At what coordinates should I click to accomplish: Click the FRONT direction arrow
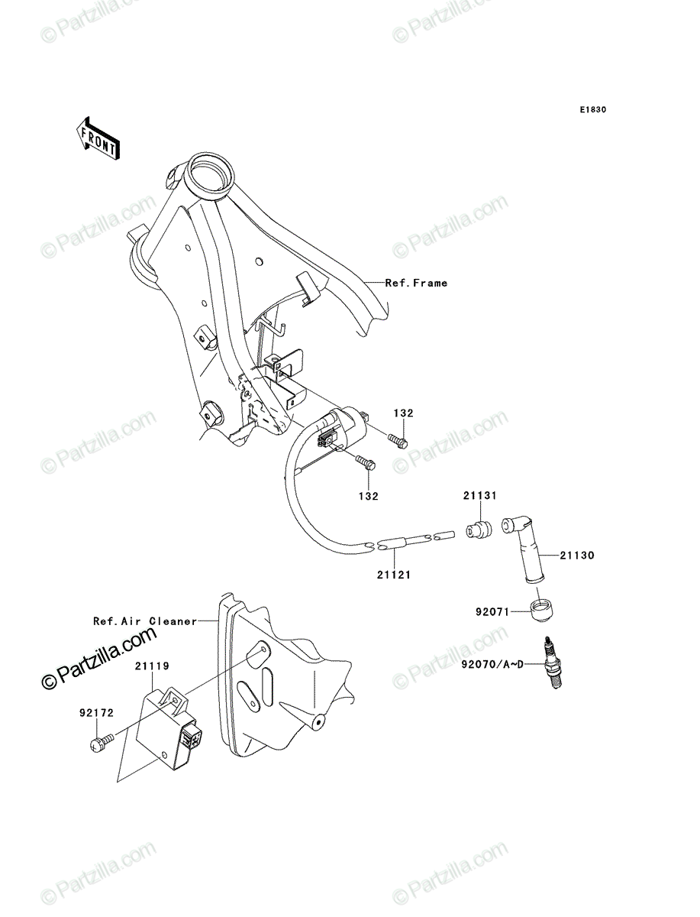(98, 138)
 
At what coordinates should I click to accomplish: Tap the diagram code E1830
(592, 110)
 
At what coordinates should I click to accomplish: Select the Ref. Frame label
(416, 284)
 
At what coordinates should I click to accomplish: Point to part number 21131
(479, 496)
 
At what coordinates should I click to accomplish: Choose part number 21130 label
(577, 556)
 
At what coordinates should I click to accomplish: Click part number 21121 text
(394, 575)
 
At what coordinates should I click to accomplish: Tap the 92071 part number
(492, 612)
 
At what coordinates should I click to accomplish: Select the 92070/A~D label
(492, 664)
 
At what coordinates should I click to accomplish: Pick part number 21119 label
(152, 666)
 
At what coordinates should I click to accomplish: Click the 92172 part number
(96, 713)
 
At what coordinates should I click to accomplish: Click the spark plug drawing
(553, 664)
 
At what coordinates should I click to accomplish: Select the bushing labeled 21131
(479, 529)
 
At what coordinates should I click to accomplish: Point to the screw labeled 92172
(102, 742)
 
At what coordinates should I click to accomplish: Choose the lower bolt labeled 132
(366, 463)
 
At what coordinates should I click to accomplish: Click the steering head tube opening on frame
(208, 173)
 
